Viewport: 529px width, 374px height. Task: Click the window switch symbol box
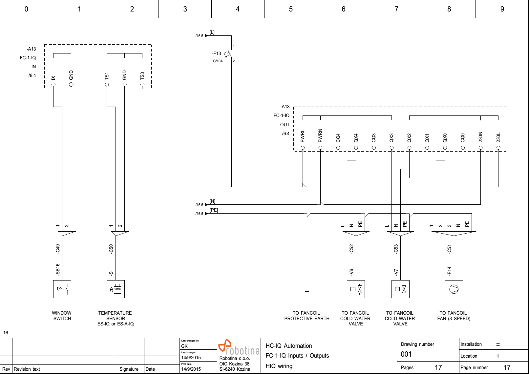pyautogui.click(x=62, y=289)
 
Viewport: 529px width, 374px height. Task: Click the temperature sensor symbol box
pyautogui.click(x=116, y=289)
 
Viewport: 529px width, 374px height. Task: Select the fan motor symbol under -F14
pyautogui.click(x=454, y=289)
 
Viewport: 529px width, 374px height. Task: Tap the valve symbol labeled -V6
pyautogui.click(x=356, y=289)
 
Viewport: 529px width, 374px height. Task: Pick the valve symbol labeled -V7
pyautogui.click(x=400, y=289)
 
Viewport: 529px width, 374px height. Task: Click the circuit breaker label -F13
pyautogui.click(x=217, y=53)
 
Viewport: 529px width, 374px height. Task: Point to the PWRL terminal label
pyautogui.click(x=303, y=136)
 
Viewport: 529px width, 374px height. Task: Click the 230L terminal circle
pyautogui.click(x=498, y=148)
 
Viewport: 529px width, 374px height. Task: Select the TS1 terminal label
pyautogui.click(x=107, y=76)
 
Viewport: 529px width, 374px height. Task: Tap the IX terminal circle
pyautogui.click(x=53, y=85)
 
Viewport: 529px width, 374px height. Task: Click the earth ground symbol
pyautogui.click(x=307, y=291)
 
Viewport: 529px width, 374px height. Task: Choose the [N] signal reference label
pyautogui.click(x=212, y=201)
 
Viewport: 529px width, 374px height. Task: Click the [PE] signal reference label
pyautogui.click(x=214, y=210)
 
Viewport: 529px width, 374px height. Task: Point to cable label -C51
pyautogui.click(x=449, y=249)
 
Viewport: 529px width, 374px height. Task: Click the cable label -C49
pyautogui.click(x=58, y=249)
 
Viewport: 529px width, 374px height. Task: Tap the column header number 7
pyautogui.click(x=396, y=9)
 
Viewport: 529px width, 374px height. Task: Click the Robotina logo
pyautogui.click(x=239, y=348)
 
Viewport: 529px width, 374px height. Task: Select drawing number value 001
pyautogui.click(x=406, y=354)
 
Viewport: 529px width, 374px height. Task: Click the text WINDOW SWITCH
pyautogui.click(x=62, y=316)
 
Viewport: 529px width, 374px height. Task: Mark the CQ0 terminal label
pyautogui.click(x=463, y=138)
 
